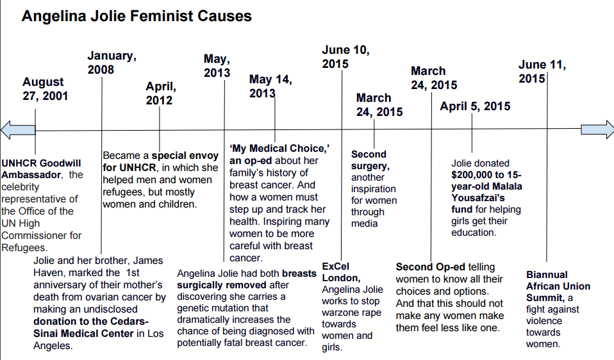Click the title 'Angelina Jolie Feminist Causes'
[137, 15]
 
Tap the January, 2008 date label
[112, 62]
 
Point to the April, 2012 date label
[160, 93]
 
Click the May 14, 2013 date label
[270, 86]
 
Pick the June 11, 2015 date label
[542, 71]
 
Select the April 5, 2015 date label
[475, 106]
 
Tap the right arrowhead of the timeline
[597, 129]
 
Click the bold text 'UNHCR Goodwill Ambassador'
[35, 168]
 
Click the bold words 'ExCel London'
[340, 272]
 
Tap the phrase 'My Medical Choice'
[279, 149]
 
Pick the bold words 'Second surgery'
[369, 160]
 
